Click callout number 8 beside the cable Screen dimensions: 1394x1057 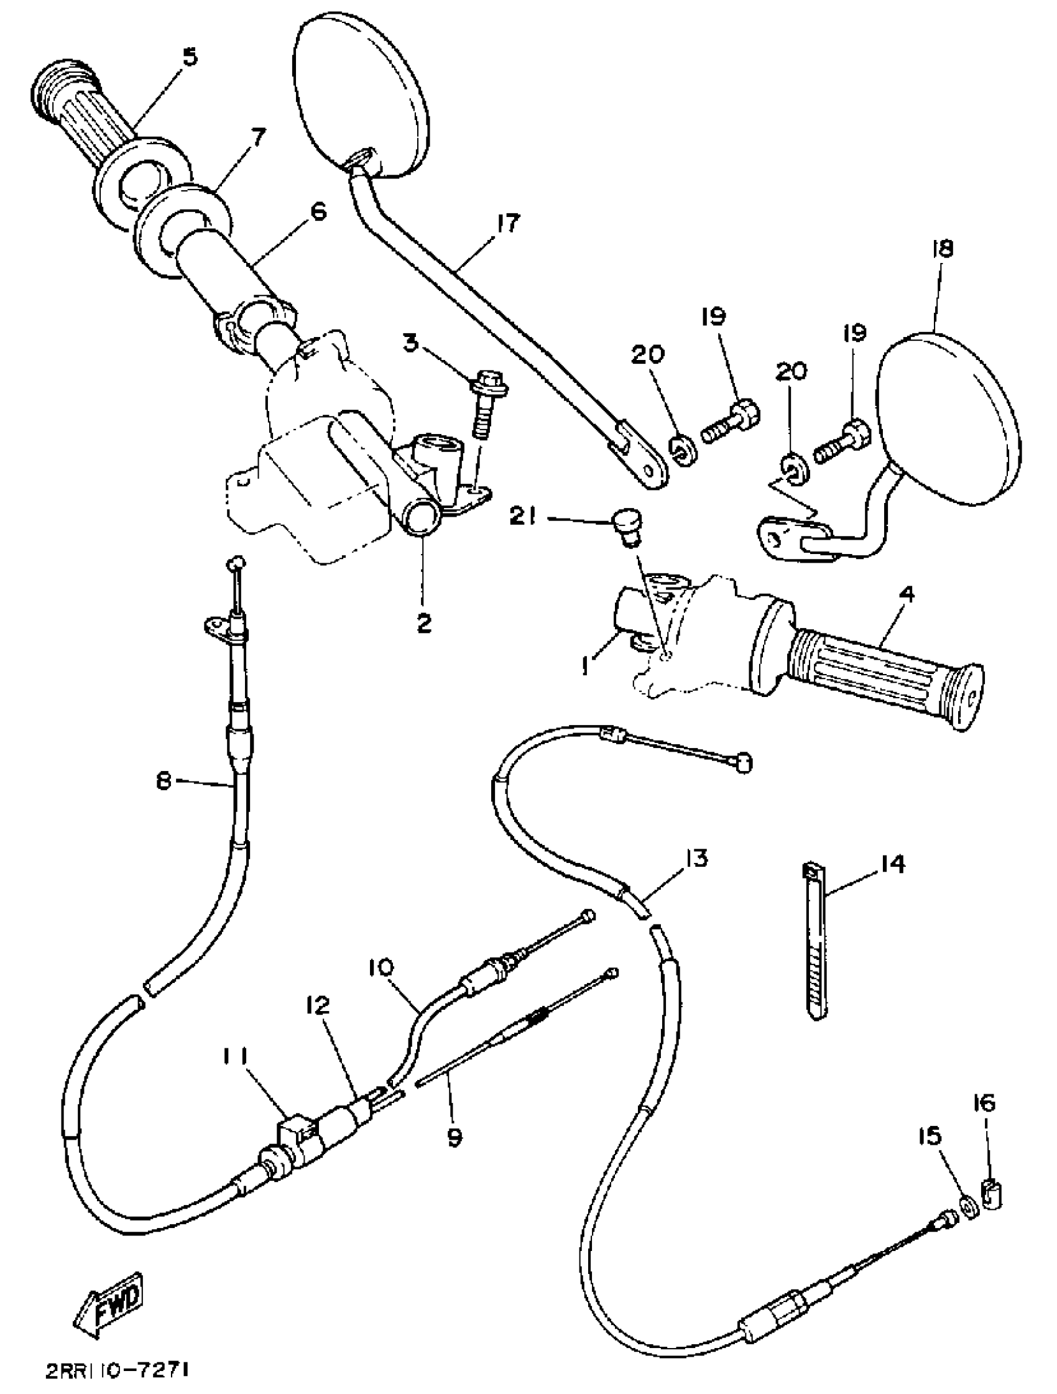pyautogui.click(x=165, y=782)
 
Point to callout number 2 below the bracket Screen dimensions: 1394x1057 pyautogui.click(x=424, y=624)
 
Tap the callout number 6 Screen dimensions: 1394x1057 pyautogui.click(x=319, y=212)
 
